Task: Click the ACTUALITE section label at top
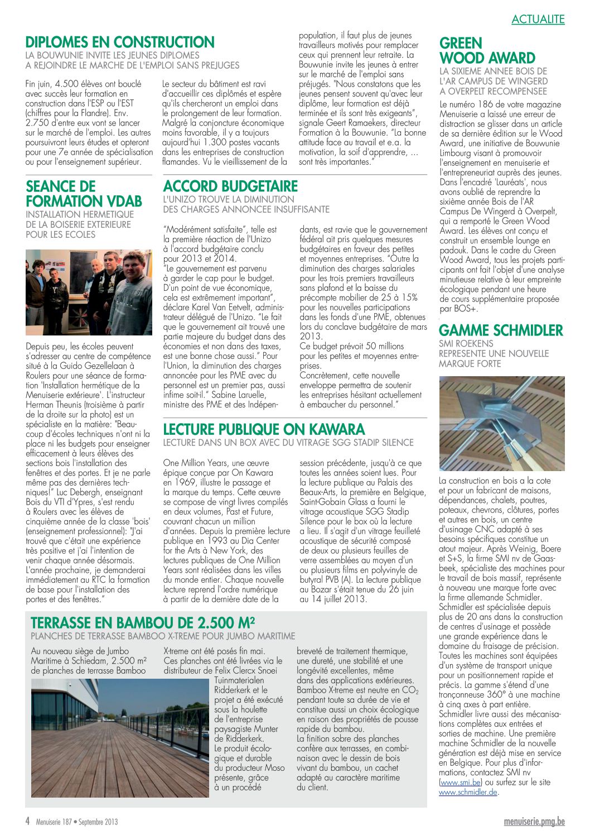(x=538, y=19)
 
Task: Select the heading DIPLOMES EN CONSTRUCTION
(x=120, y=42)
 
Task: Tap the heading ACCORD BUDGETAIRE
(x=230, y=186)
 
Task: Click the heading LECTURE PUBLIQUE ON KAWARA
(x=264, y=429)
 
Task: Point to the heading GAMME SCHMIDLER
(x=501, y=330)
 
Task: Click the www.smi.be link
(x=460, y=783)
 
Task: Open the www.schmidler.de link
(x=468, y=792)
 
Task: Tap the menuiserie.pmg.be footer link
(x=534, y=822)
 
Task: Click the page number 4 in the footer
(x=27, y=822)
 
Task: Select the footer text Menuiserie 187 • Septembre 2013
(x=77, y=822)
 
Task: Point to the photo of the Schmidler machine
(x=501, y=424)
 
